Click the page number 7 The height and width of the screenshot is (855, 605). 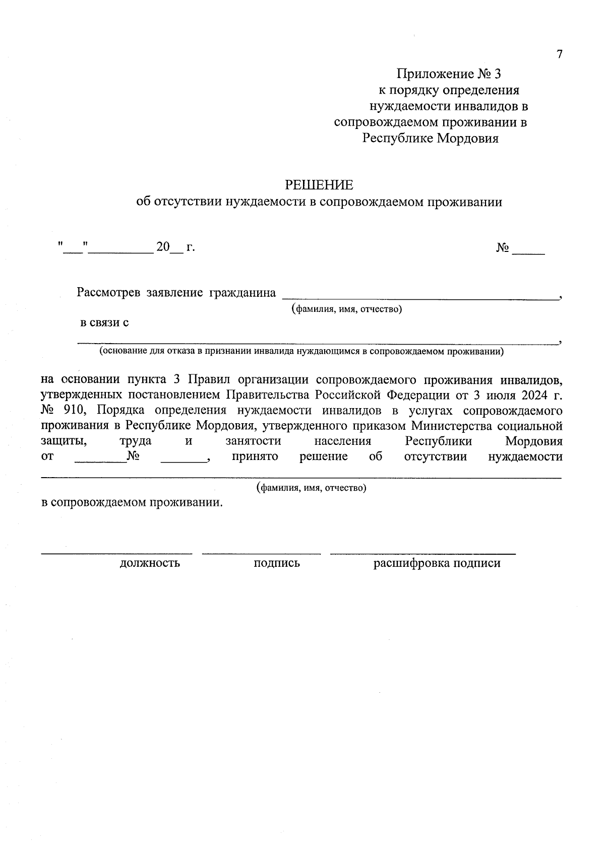click(559, 54)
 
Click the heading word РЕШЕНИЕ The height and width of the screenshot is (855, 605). click(319, 185)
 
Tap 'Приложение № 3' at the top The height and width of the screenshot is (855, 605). click(449, 74)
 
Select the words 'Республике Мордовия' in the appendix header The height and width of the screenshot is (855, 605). click(431, 139)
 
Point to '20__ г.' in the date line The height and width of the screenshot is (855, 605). click(175, 247)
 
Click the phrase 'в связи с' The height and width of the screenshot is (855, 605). click(104, 322)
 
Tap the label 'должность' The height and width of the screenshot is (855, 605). click(150, 563)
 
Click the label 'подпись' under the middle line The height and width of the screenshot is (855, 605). click(276, 563)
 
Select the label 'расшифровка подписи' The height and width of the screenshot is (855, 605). click(437, 563)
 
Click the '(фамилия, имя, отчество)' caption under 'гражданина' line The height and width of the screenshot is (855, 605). click(346, 309)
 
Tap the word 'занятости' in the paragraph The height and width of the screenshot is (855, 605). click(253, 441)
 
